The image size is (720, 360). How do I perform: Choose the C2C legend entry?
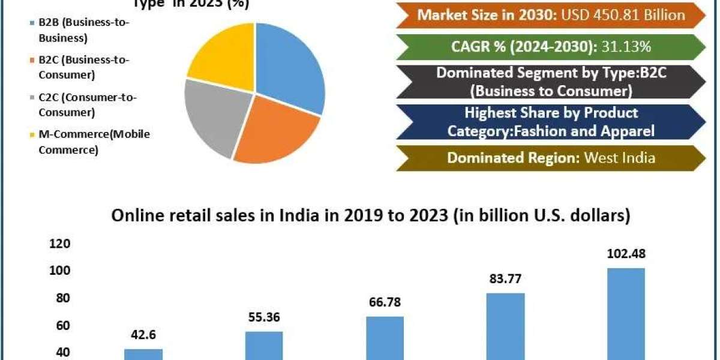tap(67, 104)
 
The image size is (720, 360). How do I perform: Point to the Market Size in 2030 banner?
tap(551, 15)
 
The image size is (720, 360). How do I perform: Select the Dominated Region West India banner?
tap(551, 158)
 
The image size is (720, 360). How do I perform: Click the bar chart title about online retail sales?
tap(371, 216)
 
